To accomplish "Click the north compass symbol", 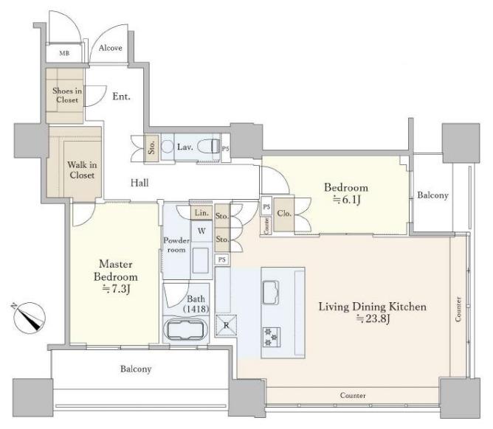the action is click(x=29, y=317).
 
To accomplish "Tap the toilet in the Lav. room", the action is click(x=208, y=146).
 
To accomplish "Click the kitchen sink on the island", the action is click(x=271, y=293).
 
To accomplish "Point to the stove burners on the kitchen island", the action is click(x=272, y=337).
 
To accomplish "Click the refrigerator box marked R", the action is click(x=226, y=325).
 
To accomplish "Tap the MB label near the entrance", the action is click(x=64, y=53).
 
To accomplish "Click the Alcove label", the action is click(x=111, y=48).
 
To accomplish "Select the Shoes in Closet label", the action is click(x=67, y=95).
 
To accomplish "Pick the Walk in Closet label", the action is click(x=82, y=170).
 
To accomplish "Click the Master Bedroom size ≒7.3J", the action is click(x=117, y=289).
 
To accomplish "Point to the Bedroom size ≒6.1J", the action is click(x=346, y=200).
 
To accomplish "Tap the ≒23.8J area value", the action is click(x=373, y=318).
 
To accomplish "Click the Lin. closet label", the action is click(x=201, y=212).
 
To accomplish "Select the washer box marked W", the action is click(x=201, y=231).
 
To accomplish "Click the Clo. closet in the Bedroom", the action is click(x=284, y=214).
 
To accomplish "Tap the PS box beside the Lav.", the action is click(x=225, y=148).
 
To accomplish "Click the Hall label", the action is click(x=139, y=183).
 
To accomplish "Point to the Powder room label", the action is click(x=176, y=245).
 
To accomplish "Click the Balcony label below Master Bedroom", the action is click(x=136, y=369).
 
